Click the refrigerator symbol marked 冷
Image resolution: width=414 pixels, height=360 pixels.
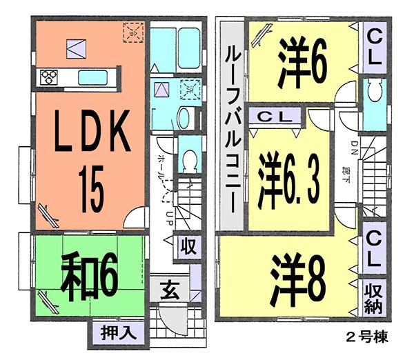[132, 31]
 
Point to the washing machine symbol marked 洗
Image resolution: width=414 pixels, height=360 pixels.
[188, 89]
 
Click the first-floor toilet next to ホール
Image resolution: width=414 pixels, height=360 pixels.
[188, 159]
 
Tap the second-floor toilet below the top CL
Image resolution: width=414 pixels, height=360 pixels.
[375, 96]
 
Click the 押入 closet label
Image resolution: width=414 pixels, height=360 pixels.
[114, 330]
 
